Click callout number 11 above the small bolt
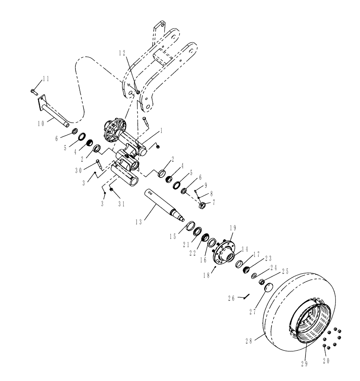pos(46,79)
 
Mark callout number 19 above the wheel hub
pos(233,228)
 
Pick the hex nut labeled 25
pos(262,282)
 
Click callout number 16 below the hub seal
pos(203,259)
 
